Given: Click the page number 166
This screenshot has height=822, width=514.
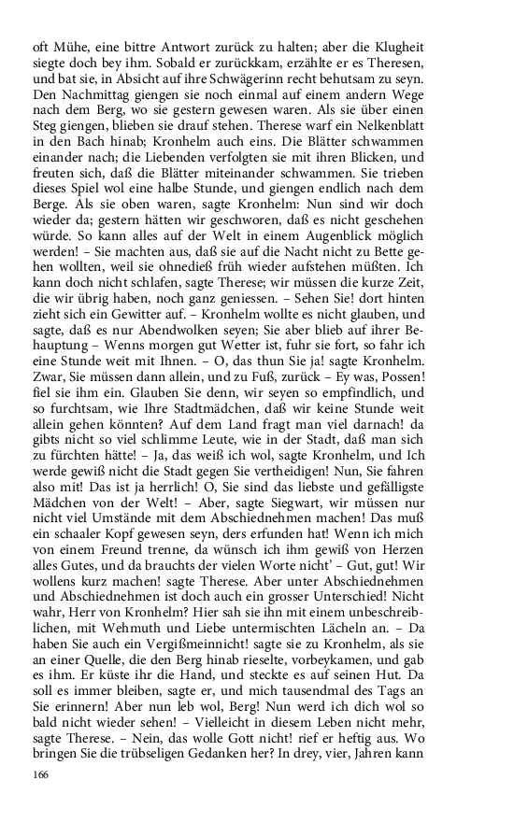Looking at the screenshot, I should [x=41, y=775].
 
